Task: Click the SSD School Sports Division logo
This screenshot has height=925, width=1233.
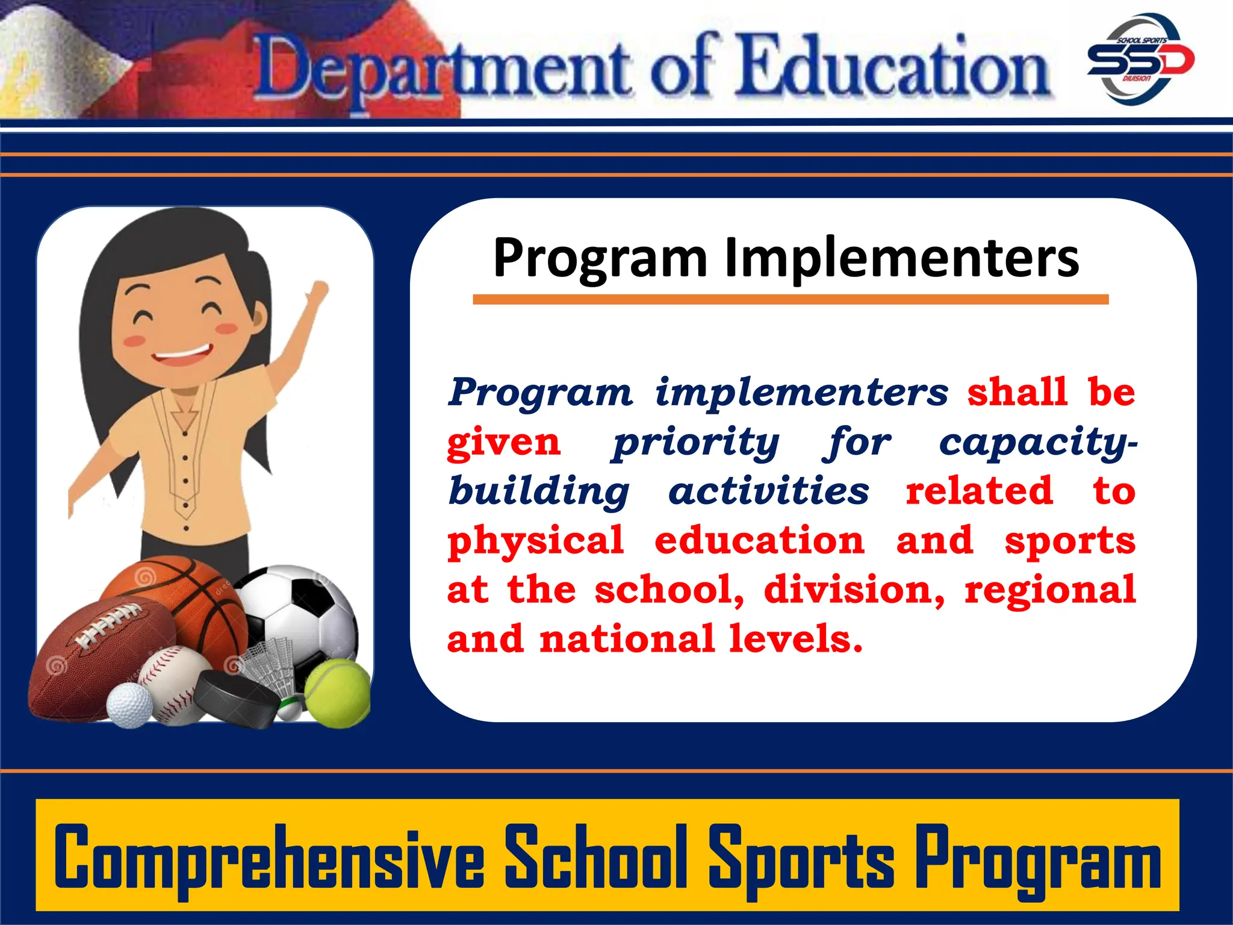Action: click(x=1140, y=59)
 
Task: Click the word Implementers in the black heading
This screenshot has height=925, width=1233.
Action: click(x=901, y=258)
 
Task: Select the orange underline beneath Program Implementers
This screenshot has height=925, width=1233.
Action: click(x=790, y=299)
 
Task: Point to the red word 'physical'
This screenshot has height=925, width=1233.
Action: click(x=535, y=541)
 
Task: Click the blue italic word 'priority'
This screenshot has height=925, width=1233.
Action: click(x=695, y=443)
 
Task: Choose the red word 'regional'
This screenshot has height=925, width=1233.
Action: click(x=1050, y=590)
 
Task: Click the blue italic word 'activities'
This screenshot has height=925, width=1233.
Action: click(x=769, y=491)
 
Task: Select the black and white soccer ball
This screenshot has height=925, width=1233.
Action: click(x=301, y=608)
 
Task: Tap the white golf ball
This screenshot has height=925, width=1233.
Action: click(x=129, y=704)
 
